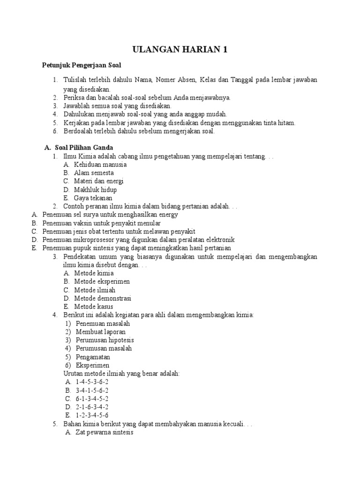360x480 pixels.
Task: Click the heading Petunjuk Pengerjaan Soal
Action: point(82,65)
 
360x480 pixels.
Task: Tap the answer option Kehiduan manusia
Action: point(100,165)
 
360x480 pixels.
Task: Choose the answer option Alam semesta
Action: point(94,173)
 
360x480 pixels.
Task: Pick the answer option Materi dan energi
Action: point(98,181)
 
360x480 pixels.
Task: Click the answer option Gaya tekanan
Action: point(93,198)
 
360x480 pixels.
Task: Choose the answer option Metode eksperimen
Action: point(102,282)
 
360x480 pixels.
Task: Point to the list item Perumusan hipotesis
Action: point(105,340)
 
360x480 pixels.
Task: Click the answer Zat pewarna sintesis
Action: point(104,433)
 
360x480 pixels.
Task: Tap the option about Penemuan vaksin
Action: point(101,223)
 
